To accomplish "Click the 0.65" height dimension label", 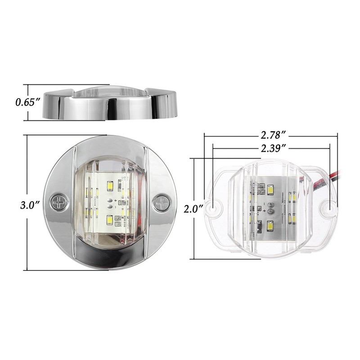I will coord(28,102).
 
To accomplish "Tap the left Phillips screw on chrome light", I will coord(58,203).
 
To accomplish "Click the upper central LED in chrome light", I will coord(109,185).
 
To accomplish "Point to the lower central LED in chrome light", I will coord(109,220).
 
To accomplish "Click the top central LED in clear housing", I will coord(270,190).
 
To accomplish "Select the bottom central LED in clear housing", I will coord(270,226).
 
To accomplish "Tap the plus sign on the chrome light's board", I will coord(116,199).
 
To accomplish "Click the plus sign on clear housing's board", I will coord(264,210).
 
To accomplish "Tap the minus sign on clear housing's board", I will coord(264,202).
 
